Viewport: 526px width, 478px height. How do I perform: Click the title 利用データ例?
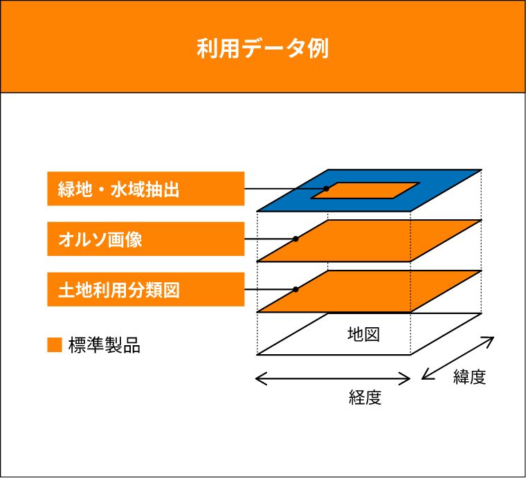[263, 48]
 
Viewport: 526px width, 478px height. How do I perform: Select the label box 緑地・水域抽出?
[145, 188]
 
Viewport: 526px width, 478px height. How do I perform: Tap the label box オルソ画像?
[145, 239]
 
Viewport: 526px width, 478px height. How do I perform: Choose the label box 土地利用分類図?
[145, 289]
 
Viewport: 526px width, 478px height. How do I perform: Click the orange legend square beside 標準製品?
[55, 345]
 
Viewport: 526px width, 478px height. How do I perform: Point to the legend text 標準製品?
[105, 345]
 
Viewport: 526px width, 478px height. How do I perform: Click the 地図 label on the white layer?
[363, 334]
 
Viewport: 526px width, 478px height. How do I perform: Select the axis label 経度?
[365, 398]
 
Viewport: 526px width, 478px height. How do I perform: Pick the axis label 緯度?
[470, 376]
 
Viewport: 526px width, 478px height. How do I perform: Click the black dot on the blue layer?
[326, 189]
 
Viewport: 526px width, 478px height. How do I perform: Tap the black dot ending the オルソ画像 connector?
[296, 239]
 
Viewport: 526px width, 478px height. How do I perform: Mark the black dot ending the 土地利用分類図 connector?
[296, 289]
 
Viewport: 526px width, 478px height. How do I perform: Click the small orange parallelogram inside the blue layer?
[365, 190]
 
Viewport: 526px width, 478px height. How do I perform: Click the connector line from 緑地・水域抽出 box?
[285, 189]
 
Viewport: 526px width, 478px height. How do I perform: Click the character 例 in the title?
[318, 48]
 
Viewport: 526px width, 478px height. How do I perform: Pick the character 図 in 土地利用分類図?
[172, 291]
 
